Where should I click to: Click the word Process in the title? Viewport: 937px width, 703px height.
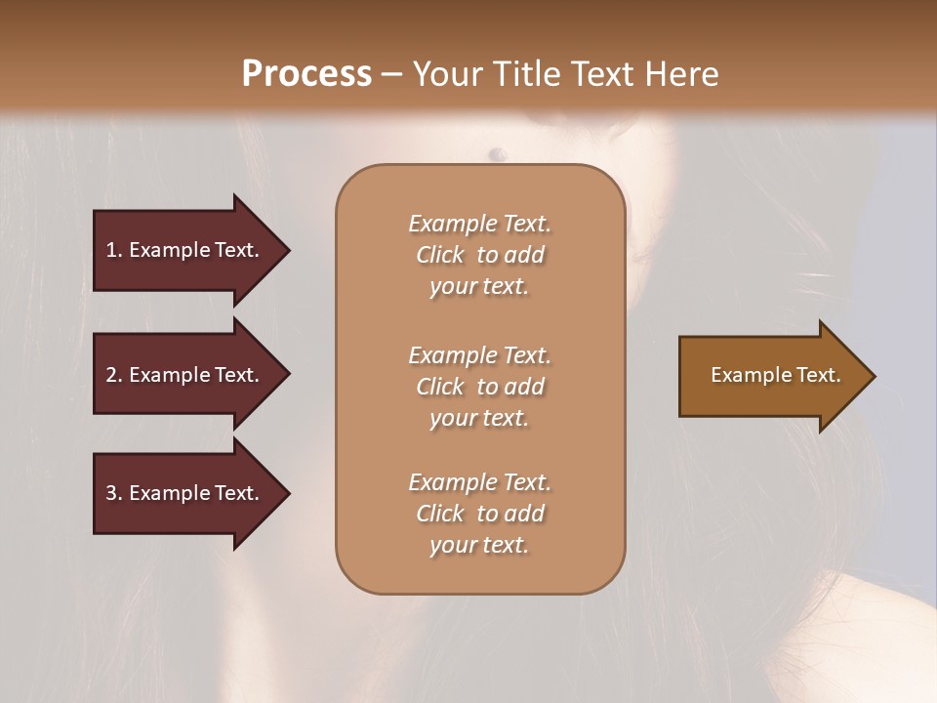coord(306,73)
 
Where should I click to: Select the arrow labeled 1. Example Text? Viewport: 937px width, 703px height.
coord(185,250)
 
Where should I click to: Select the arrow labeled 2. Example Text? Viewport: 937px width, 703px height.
coord(185,375)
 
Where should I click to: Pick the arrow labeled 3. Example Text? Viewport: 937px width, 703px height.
coord(185,493)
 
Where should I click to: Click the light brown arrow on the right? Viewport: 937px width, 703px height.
coord(771,376)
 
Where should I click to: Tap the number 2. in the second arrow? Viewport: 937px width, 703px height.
coord(112,375)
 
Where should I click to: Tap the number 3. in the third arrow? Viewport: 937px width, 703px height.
coord(112,493)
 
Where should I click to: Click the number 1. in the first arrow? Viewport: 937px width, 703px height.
coord(112,250)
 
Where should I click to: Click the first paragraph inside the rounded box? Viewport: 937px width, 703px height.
coord(479,255)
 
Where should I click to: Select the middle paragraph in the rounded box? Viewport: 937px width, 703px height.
coord(479,386)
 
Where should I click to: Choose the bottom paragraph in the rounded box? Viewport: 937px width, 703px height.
coord(479,514)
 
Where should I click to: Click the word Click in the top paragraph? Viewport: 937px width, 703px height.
coord(440,255)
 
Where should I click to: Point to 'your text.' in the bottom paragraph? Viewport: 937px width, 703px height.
coord(479,545)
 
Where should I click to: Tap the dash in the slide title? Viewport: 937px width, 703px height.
coord(391,74)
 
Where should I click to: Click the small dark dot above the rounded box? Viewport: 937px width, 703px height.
coord(497,152)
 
